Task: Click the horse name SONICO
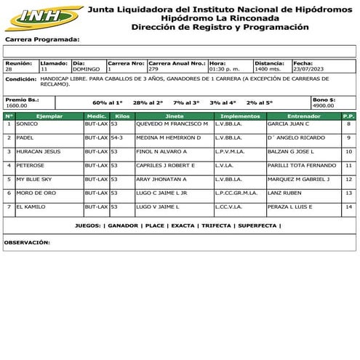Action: (27, 124)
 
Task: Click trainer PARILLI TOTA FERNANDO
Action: (302, 165)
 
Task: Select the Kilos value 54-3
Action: (117, 137)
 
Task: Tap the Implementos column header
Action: (239, 116)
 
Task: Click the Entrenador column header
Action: (303, 116)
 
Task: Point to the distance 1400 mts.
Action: (268, 69)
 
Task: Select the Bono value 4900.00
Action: (323, 105)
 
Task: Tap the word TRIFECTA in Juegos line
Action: (217, 226)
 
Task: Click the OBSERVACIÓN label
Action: (27, 241)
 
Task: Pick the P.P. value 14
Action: (348, 207)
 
